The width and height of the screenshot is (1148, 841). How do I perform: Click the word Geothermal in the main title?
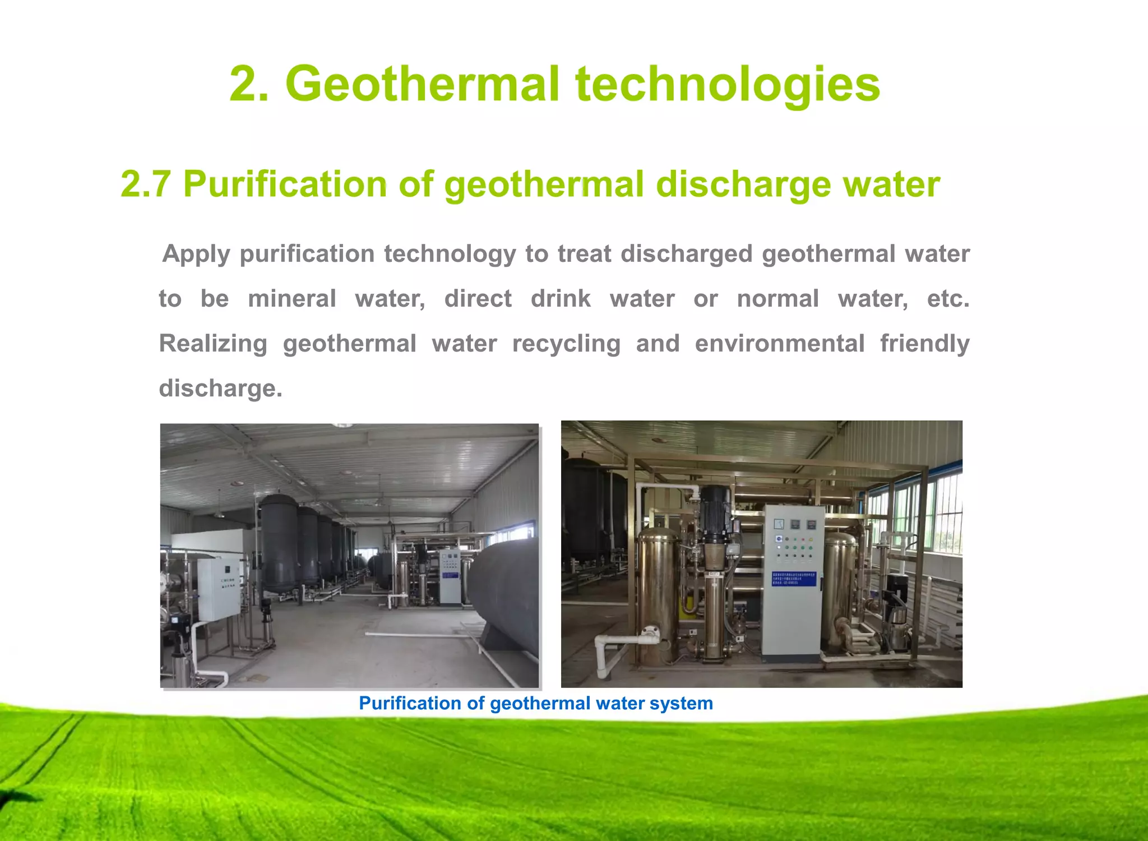pos(423,84)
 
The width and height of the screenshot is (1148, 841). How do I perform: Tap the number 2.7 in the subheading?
pos(145,184)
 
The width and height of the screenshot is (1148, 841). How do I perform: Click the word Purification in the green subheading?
pos(285,184)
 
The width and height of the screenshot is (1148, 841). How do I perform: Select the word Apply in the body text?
pos(196,254)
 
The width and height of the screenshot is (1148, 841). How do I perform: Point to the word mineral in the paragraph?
pos(291,299)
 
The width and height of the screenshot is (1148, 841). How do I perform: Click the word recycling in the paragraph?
pos(566,344)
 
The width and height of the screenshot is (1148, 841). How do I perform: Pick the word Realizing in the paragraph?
pos(213,344)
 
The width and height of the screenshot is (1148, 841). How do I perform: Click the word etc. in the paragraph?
pos(948,299)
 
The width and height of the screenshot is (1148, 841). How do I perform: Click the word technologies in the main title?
pos(728,84)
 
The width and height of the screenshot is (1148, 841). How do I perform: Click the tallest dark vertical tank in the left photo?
pos(279,541)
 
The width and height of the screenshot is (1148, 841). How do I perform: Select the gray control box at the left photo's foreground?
pos(219,589)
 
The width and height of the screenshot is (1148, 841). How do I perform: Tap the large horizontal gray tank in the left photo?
pos(504,594)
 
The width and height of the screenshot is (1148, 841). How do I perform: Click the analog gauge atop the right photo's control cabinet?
pos(779,525)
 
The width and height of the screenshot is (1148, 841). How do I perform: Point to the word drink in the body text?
pos(561,299)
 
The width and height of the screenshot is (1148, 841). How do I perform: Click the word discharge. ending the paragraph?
pos(221,389)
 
